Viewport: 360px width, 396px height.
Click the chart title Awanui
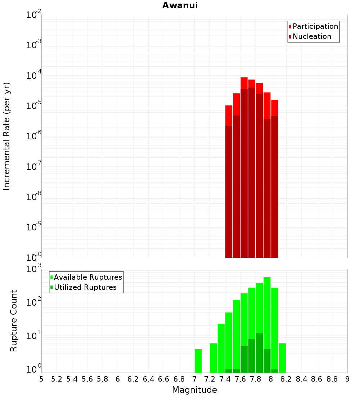coord(180,5)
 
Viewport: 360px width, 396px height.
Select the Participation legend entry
coord(315,26)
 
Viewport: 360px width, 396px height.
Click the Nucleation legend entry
coord(311,36)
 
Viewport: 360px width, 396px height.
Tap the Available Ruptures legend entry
coord(87,277)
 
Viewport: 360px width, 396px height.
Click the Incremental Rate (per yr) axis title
coord(6,136)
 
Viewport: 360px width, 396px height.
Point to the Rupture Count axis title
coord(14,321)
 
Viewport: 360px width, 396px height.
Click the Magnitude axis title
coord(194,390)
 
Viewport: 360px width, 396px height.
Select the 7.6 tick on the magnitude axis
coord(240,379)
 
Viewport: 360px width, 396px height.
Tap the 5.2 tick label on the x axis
coord(57,379)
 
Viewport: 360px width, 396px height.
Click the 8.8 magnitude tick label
coord(332,379)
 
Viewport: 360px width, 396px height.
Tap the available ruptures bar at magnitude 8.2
coord(282,358)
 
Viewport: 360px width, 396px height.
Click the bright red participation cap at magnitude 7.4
coord(229,115)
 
